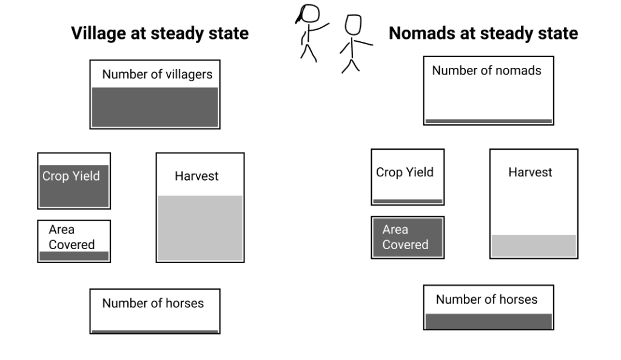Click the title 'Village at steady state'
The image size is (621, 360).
[x=159, y=33]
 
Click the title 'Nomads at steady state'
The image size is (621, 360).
[x=483, y=33]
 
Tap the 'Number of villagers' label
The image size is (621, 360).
[x=157, y=75]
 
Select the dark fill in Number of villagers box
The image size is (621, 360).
[x=155, y=107]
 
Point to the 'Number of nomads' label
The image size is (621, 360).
[x=486, y=71]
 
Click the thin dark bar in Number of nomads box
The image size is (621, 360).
[x=488, y=121]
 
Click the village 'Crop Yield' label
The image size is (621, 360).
[x=71, y=176]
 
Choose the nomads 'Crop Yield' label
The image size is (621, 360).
[x=404, y=172]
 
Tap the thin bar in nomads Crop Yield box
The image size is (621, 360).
[x=407, y=201]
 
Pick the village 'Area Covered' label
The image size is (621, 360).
[x=72, y=237]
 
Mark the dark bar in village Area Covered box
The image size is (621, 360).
[x=73, y=256]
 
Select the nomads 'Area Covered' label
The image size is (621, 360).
[x=405, y=237]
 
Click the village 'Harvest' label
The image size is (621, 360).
[x=196, y=176]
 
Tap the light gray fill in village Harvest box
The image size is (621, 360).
[x=200, y=228]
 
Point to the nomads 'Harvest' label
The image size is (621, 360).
[x=530, y=172]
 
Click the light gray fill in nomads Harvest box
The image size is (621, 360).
[x=533, y=245]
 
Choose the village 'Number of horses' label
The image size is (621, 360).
[x=153, y=303]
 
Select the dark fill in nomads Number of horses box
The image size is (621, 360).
[x=488, y=321]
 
